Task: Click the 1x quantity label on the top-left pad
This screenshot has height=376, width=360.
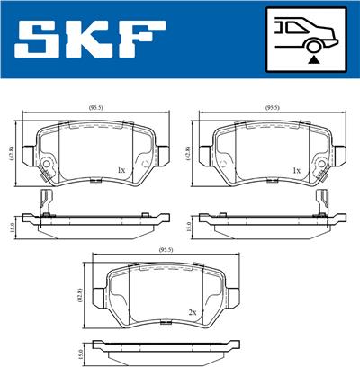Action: click(120, 168)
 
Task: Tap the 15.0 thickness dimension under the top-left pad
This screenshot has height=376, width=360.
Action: click(12, 227)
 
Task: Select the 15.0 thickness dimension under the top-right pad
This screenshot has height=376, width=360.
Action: click(186, 227)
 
